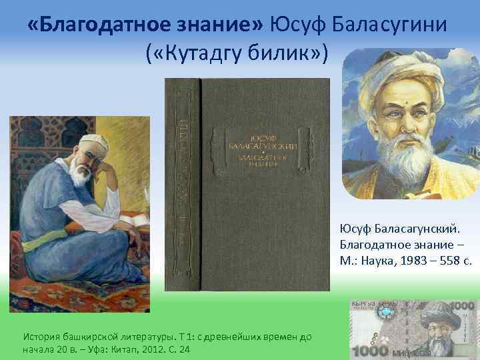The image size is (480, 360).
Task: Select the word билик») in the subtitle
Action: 291,53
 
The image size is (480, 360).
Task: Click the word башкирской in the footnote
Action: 85,337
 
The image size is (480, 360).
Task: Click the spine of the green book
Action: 181,183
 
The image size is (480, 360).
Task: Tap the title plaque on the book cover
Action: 262,147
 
